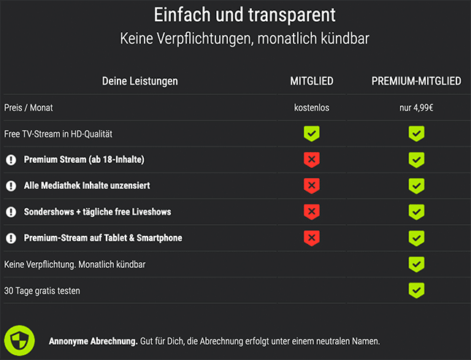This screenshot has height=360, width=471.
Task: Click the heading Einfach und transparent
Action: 235,15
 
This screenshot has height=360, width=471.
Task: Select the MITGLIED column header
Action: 312,81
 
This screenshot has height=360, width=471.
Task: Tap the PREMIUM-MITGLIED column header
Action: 416,81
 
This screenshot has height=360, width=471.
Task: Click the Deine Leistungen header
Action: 139,81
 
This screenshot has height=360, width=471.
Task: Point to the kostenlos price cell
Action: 312,108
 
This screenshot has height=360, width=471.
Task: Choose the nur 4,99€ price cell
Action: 416,108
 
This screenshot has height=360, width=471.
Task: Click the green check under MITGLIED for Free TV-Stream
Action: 312,134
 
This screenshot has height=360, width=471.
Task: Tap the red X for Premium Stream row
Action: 312,160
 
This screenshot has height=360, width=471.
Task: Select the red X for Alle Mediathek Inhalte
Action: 312,186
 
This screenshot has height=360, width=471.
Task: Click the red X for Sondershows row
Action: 312,212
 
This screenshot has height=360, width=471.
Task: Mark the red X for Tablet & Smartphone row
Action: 312,238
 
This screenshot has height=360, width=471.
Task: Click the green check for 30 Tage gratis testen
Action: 416,291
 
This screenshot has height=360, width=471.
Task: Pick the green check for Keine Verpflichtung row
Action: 416,264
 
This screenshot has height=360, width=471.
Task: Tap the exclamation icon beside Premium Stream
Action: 11,160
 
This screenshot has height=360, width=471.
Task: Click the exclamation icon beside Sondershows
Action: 11,212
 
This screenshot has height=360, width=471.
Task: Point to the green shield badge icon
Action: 20,340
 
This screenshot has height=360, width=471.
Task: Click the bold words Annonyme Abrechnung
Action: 93,341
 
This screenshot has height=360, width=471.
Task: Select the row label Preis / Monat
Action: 28,108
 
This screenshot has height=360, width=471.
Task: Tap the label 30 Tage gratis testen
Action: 42,291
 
